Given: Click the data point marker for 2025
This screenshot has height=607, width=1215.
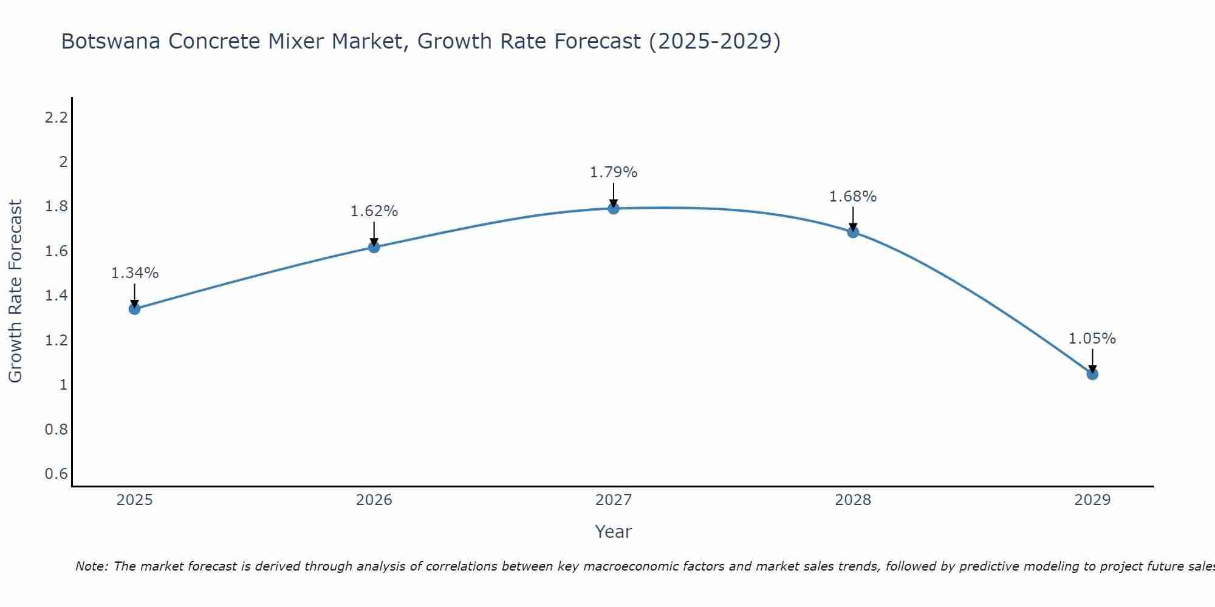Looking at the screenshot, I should point(134,309).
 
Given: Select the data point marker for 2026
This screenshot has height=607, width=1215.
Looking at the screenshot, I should point(374,247).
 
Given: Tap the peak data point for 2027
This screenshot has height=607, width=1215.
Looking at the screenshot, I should point(614,209).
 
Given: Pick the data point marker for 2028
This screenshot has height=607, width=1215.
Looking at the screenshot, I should point(853,232).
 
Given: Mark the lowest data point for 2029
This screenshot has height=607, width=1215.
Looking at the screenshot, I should point(1092,374).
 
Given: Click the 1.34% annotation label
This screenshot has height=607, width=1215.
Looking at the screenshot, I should point(134,273).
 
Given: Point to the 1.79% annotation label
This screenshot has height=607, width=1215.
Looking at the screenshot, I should point(614,172).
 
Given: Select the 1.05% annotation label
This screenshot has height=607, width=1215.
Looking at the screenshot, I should point(1092,339).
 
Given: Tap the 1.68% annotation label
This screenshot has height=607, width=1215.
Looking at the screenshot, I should point(853,197).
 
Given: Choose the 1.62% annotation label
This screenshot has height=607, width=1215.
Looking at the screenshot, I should point(374,211).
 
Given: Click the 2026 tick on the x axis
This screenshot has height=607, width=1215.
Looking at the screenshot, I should point(374,500).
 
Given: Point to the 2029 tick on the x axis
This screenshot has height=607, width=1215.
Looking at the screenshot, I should point(1092,500).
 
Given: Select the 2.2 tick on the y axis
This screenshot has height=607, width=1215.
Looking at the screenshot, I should point(56,118).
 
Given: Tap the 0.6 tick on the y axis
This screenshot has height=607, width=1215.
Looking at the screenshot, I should point(56,473).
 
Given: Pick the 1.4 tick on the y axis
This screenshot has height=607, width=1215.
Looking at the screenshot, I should point(56,296).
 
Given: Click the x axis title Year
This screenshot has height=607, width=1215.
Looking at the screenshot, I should point(614,532).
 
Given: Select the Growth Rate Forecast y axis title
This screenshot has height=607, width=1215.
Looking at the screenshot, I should point(15,291).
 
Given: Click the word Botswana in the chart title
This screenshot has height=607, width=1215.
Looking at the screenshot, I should point(111,42).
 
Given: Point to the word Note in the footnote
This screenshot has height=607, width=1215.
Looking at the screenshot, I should point(91,566).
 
